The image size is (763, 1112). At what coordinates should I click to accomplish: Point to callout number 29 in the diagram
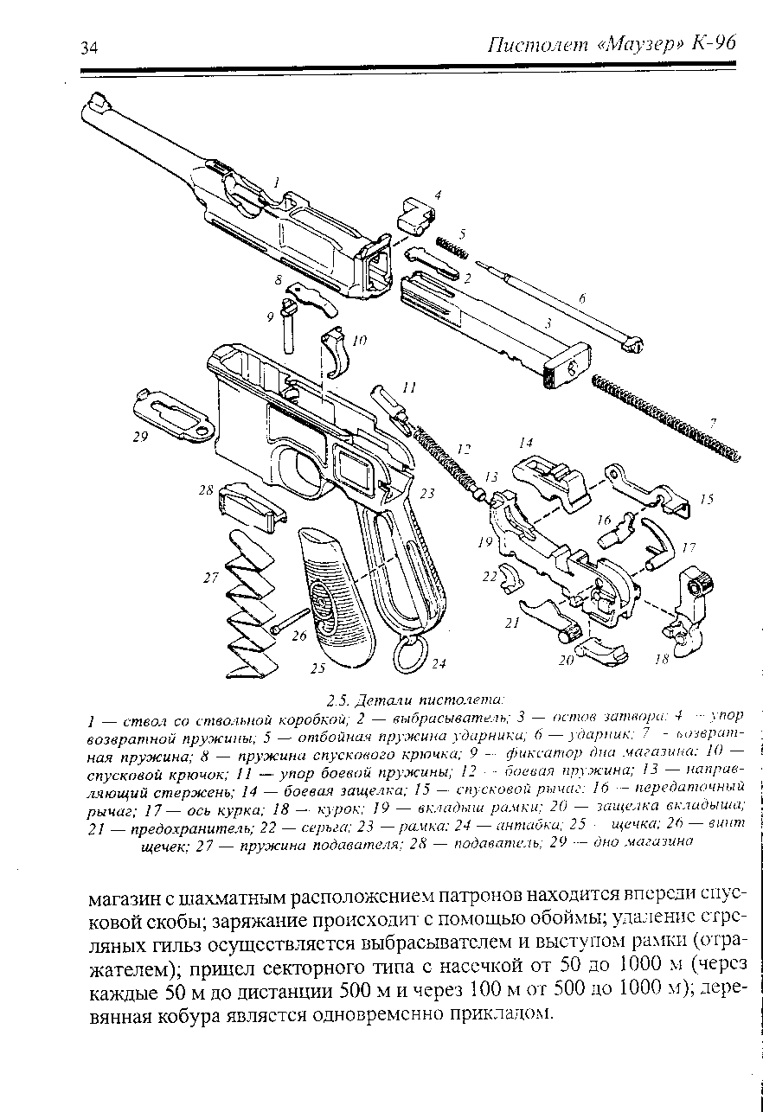[140, 438]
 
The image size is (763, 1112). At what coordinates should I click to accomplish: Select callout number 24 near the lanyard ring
[439, 663]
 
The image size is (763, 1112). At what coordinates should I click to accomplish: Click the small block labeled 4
[414, 213]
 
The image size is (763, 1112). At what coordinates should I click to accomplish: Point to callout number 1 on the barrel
[275, 182]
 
